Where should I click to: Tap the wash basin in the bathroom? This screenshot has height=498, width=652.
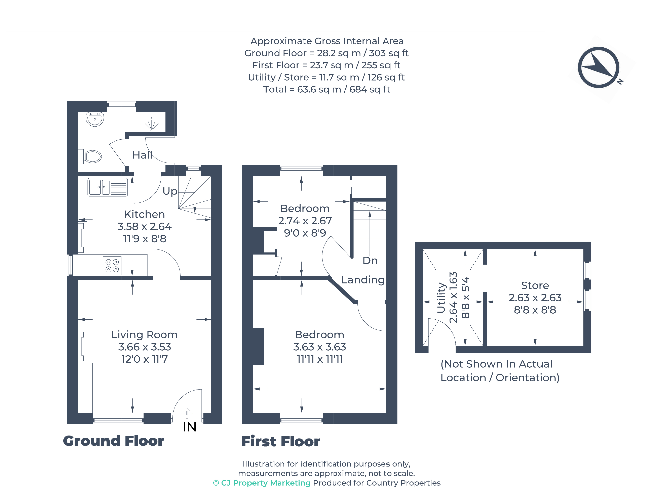[x=95, y=119]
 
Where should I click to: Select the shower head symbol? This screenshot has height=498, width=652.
[x=152, y=125]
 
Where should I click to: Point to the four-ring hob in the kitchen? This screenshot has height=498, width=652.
[x=112, y=266]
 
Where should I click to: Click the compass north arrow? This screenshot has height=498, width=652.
[x=599, y=67]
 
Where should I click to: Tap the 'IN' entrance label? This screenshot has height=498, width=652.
[x=190, y=427]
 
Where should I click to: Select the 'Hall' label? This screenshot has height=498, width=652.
[x=142, y=155]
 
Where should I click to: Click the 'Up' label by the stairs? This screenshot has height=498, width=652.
[x=170, y=191]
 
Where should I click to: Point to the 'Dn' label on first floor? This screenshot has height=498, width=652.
[x=370, y=261]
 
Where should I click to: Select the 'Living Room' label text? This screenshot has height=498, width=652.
[x=145, y=335]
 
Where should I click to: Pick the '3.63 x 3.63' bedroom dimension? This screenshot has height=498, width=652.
[x=319, y=347]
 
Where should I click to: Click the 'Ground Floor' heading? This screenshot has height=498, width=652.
[x=114, y=441]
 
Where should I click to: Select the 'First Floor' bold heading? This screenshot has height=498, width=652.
[x=281, y=441]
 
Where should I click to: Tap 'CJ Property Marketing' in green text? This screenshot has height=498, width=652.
[x=266, y=483]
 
